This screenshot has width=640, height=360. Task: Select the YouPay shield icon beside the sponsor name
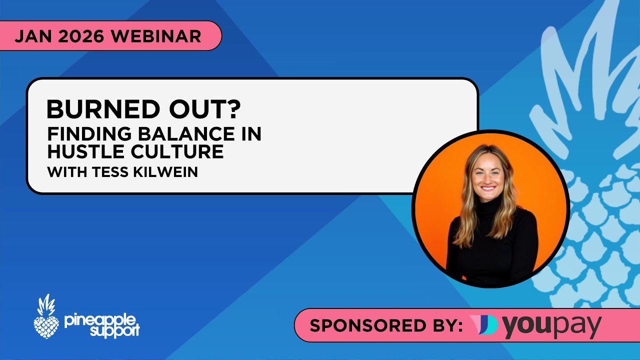(483, 325)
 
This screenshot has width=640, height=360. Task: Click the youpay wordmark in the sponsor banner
(551, 326)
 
